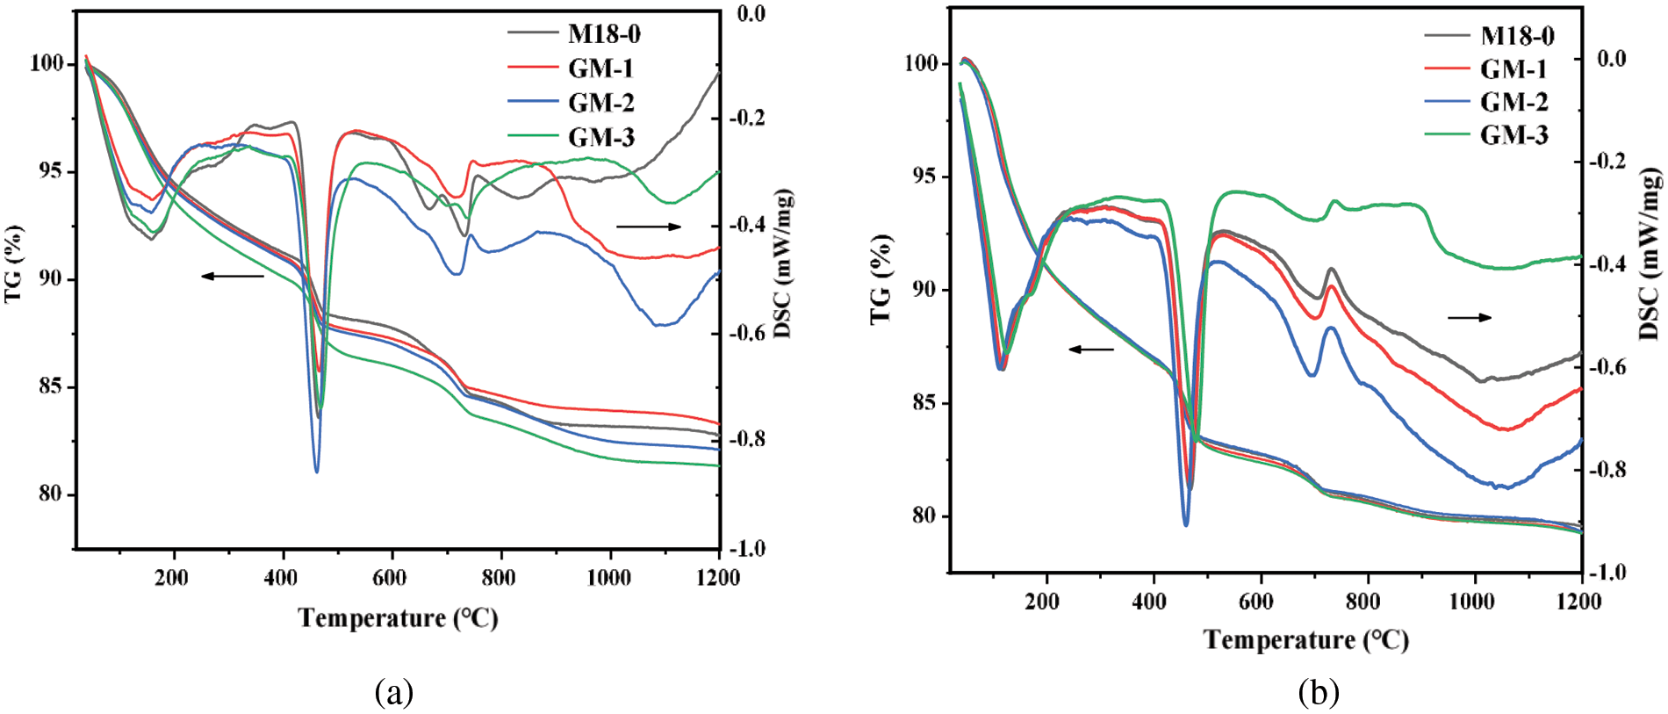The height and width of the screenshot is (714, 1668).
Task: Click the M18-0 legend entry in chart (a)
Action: tap(604, 34)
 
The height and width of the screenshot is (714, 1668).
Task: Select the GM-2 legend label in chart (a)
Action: tap(600, 103)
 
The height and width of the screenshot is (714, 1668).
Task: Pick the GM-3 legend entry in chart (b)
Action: tap(1514, 134)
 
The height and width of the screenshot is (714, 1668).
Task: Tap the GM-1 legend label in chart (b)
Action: tap(1513, 69)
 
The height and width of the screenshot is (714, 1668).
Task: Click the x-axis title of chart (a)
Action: tap(398, 618)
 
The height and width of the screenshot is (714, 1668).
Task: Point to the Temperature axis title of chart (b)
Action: tap(1306, 639)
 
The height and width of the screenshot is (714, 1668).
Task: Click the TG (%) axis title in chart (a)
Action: tap(13, 263)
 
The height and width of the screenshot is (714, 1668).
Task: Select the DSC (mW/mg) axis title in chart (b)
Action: tap(1650, 255)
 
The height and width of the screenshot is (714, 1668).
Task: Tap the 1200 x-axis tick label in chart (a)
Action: tap(718, 577)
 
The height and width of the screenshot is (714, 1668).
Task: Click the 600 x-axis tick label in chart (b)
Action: tap(1256, 601)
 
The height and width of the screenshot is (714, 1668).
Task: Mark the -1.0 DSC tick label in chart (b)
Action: tap(1610, 572)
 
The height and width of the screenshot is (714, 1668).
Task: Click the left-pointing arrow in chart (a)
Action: tap(233, 276)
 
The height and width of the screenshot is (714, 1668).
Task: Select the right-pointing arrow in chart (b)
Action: tap(1469, 317)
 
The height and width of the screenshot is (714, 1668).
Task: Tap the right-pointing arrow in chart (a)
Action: tap(649, 227)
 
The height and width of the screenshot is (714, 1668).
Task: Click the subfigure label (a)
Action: tap(393, 692)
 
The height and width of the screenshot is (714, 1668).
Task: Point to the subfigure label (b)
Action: tap(1319, 692)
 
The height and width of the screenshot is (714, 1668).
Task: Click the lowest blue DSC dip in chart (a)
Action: tap(317, 471)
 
